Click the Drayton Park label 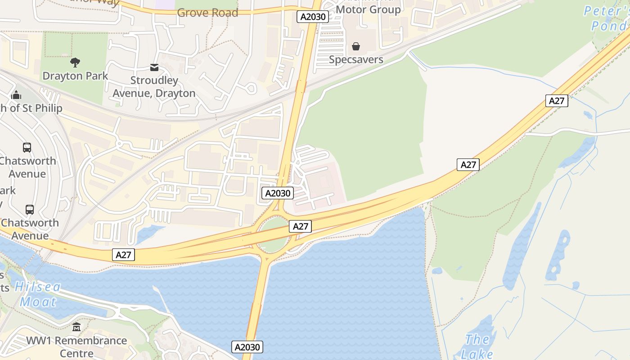click(x=75, y=76)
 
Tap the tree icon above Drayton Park click(x=75, y=63)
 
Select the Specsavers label click(x=356, y=59)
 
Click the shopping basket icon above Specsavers click(x=356, y=46)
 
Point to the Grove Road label click(x=207, y=13)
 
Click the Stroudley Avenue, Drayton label click(x=154, y=87)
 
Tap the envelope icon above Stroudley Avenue click(x=154, y=67)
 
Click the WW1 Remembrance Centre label click(x=76, y=346)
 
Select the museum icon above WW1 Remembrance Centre click(x=76, y=327)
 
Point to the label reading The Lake click(x=477, y=346)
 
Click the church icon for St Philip click(x=17, y=95)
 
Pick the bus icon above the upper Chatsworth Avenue click(x=27, y=148)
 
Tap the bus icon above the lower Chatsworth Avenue click(x=30, y=210)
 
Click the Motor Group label click(x=368, y=9)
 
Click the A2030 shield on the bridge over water click(x=247, y=347)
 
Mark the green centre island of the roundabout click(x=273, y=234)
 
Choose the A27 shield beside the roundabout click(x=300, y=226)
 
